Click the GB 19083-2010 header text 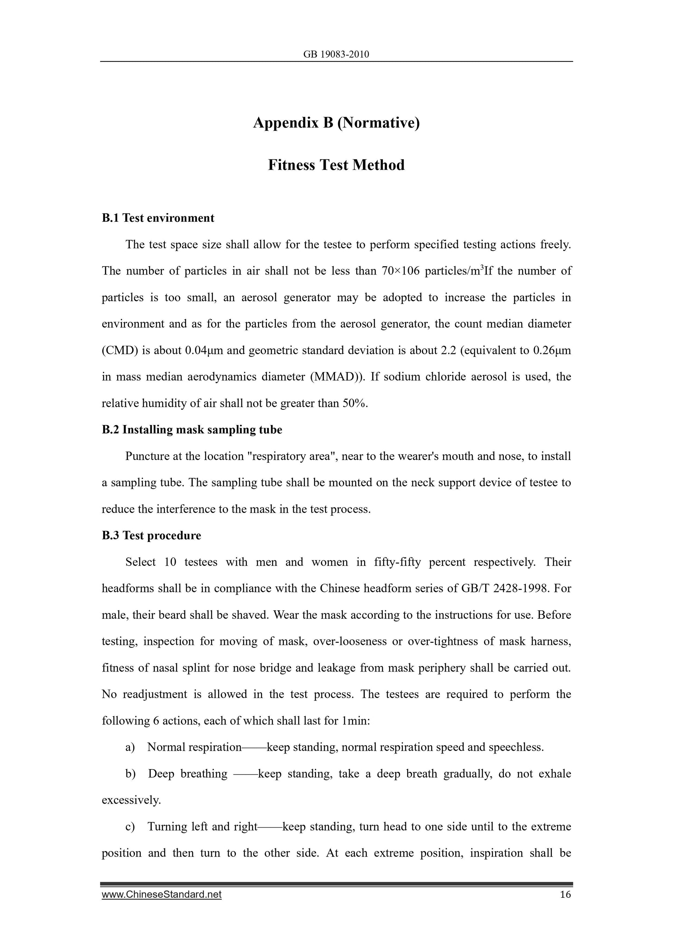[336, 54]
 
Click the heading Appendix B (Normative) [336, 123]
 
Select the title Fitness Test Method [336, 165]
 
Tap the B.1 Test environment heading [158, 218]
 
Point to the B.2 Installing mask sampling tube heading [192, 429]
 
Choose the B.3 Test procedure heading [151, 535]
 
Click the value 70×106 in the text [400, 271]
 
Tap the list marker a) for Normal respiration [130, 747]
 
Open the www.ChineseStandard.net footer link [162, 894]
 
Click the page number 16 [565, 894]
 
